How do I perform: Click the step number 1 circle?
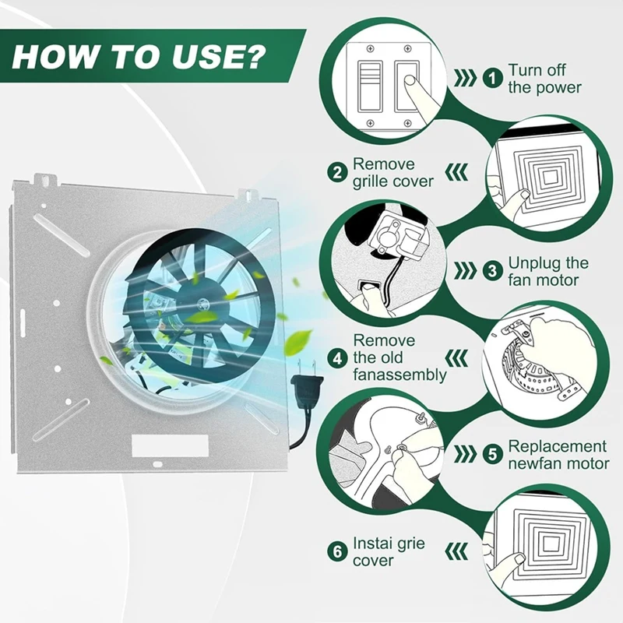click(x=493, y=79)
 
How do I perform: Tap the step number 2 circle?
click(x=338, y=173)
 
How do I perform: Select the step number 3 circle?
click(x=493, y=271)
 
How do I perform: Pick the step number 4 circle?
click(x=338, y=358)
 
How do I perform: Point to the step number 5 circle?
click(x=493, y=454)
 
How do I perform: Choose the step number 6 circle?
click(x=338, y=551)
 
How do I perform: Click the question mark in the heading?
click(x=252, y=56)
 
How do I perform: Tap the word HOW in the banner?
click(x=54, y=56)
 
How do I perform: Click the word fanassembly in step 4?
click(x=399, y=375)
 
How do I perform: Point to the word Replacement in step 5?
click(x=558, y=446)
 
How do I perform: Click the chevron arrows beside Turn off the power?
click(x=465, y=79)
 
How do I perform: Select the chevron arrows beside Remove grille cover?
click(x=457, y=173)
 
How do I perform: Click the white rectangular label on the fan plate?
click(x=170, y=445)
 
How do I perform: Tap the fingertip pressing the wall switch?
click(x=410, y=82)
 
